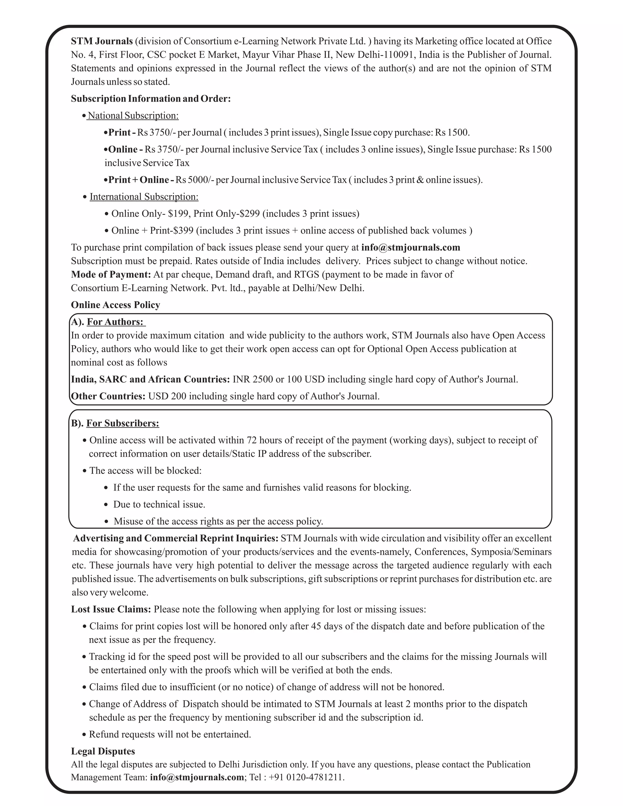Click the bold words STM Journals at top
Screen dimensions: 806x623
(102, 41)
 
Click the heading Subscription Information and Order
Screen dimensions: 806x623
(151, 99)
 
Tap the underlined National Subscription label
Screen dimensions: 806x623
(133, 116)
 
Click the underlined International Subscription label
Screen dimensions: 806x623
(144, 197)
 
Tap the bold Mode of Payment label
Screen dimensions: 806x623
(111, 275)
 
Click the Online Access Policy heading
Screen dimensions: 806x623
(116, 305)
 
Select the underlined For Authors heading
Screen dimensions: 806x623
(115, 322)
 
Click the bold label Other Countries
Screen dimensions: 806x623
(108, 396)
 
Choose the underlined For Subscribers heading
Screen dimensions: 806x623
(123, 423)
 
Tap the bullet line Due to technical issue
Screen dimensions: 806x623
(159, 505)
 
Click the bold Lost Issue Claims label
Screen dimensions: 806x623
(111, 609)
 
